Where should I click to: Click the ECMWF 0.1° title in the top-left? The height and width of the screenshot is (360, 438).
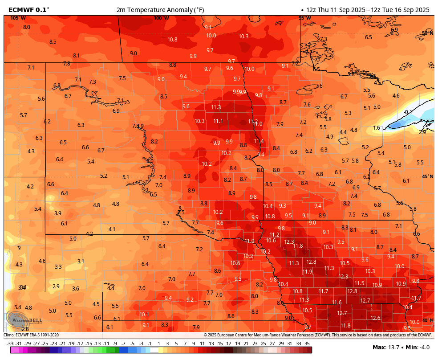29,9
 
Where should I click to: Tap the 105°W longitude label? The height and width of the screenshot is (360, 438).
18,18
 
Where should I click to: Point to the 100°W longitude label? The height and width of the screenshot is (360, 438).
161,18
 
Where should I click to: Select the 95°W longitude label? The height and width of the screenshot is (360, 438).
305,18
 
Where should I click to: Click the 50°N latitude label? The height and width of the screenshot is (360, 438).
427,33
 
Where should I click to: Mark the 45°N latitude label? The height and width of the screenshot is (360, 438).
427,176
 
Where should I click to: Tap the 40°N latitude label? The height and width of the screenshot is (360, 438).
427,320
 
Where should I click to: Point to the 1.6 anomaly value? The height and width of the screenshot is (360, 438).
377,128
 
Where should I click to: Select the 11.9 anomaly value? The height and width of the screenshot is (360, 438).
307,271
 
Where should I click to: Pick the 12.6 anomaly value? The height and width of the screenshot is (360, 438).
375,318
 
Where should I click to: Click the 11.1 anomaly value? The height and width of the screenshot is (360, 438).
218,121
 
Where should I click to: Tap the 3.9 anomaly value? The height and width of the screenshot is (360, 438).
58,213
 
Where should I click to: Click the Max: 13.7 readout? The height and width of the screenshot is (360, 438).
385,347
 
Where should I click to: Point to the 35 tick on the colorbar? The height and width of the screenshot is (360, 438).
307,344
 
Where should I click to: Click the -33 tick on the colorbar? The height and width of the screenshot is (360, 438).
10,344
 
